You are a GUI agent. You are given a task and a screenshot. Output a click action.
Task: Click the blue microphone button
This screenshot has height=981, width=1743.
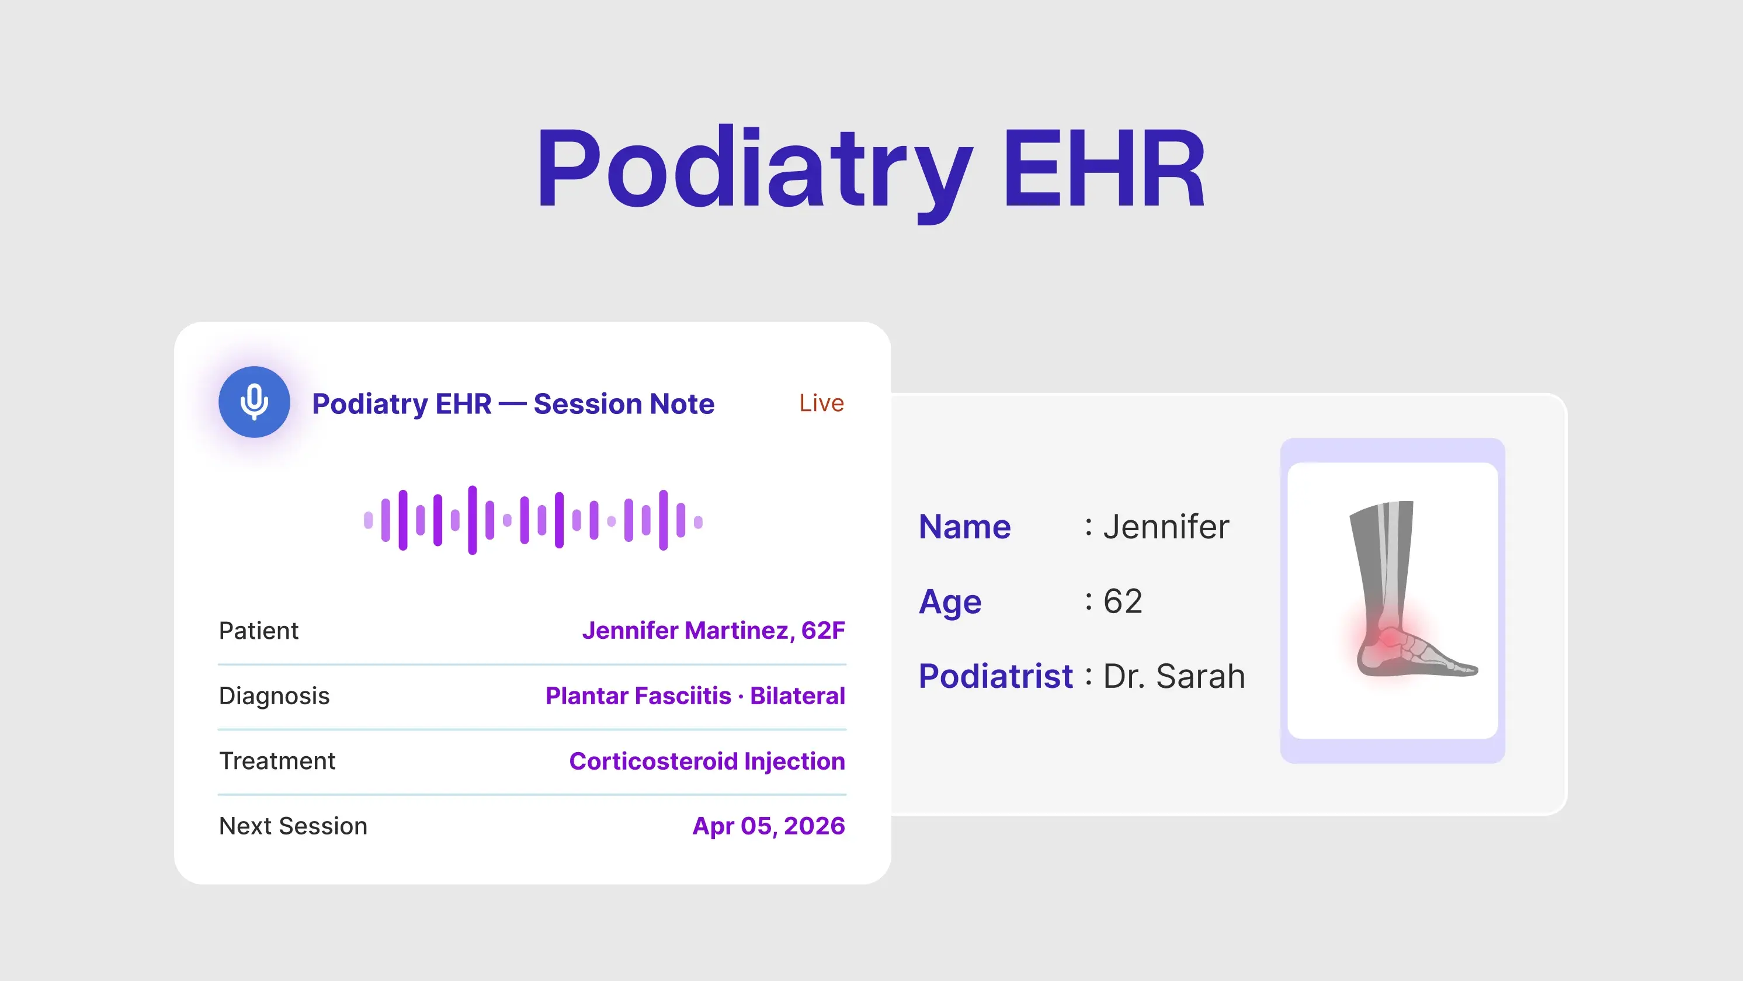[254, 402]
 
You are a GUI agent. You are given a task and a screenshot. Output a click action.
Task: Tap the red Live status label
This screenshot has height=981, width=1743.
[821, 403]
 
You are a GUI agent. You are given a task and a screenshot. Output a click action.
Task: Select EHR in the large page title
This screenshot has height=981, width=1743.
[1103, 169]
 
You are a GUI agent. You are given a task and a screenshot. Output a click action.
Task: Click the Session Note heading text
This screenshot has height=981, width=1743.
[623, 404]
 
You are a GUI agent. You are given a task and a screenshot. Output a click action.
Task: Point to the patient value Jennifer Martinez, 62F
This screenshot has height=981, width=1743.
[713, 631]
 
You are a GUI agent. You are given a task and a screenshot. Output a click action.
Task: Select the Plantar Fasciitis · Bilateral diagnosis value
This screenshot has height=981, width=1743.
[695, 695]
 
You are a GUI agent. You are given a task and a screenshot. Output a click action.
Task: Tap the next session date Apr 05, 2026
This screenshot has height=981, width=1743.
[768, 826]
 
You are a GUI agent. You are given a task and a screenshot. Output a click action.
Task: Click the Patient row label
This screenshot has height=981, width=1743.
[259, 631]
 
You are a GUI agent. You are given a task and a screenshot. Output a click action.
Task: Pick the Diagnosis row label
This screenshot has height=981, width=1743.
[274, 695]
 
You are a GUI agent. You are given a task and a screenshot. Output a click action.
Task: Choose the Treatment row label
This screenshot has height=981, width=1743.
[277, 761]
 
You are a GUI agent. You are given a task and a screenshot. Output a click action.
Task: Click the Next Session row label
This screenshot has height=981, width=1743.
[293, 826]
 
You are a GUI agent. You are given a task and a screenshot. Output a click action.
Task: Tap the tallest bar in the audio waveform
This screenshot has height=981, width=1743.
[473, 520]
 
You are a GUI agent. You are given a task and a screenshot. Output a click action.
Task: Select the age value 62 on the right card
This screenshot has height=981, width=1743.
[1123, 601]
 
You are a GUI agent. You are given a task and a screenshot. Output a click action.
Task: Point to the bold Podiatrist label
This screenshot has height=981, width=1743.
[995, 676]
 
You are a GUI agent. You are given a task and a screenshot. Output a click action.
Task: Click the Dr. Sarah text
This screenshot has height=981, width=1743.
[1174, 676]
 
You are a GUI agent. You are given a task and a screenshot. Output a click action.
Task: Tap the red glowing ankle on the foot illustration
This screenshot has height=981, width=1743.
[1387, 637]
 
